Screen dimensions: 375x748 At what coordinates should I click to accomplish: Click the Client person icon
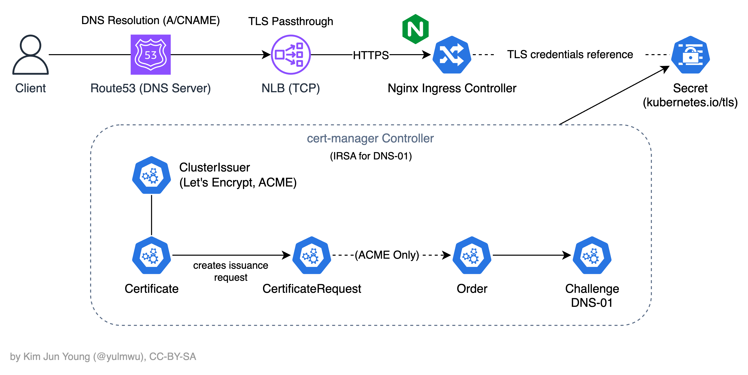30,55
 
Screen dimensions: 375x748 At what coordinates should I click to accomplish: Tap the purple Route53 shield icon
150,55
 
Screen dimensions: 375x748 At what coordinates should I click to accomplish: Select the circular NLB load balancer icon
291,55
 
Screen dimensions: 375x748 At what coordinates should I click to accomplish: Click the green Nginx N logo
415,29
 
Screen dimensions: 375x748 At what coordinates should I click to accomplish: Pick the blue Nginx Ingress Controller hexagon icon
452,55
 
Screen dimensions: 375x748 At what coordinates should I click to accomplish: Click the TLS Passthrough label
290,21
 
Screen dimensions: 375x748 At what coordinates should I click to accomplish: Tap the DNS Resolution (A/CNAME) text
150,20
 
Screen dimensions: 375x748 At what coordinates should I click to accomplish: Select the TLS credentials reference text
570,54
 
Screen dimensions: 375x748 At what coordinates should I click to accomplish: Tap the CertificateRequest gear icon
312,255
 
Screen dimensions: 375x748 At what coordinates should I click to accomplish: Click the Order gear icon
472,255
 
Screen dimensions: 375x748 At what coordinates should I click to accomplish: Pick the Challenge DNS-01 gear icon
592,255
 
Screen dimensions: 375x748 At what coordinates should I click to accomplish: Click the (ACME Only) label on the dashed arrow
387,255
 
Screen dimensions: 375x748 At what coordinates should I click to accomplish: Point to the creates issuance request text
231,271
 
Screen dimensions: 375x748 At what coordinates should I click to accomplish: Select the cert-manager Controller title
370,138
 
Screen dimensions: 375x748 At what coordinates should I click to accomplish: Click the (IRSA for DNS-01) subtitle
371,156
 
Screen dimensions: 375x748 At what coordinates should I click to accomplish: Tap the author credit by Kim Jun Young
103,356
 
